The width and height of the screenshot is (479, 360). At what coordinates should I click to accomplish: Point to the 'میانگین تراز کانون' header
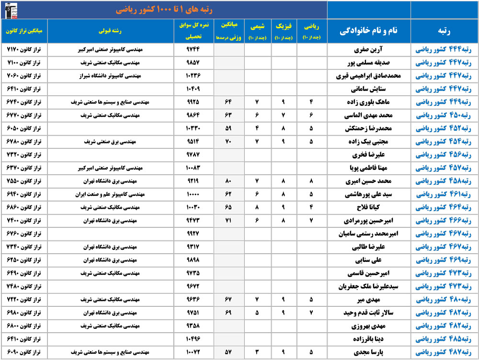click(24, 32)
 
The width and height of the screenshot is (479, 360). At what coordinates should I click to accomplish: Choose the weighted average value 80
click(228, 181)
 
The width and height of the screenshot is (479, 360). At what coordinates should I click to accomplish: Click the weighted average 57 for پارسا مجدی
click(228, 353)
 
